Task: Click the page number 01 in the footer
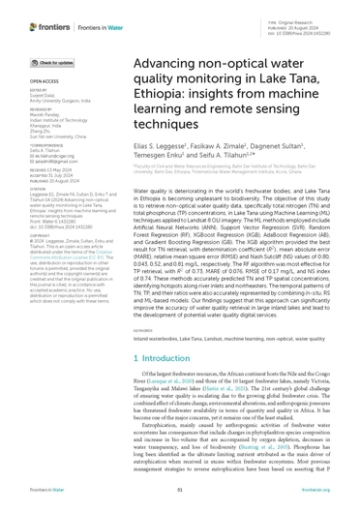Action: tap(180, 502)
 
